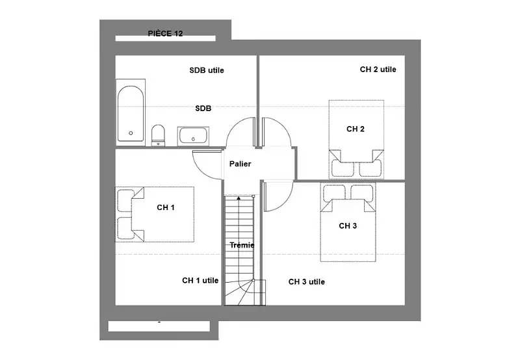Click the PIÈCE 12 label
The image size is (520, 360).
165,34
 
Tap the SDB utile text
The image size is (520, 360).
207,70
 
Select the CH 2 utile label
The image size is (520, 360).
378,70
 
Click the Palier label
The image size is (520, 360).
240,164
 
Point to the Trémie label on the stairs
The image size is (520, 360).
242,245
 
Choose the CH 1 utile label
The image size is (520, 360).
200,281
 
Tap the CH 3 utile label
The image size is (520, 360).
306,282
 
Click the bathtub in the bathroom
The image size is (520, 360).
131,113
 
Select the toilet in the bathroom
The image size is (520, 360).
158,135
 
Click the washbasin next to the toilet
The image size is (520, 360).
193,136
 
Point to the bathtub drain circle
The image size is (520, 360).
131,133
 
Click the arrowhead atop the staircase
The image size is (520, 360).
239,198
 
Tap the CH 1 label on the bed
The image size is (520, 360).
166,207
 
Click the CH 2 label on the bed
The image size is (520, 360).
355,129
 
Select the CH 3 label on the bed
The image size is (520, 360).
348,225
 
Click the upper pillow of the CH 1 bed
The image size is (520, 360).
126,201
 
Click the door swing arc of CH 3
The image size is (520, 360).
287,202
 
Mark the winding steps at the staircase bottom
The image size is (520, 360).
245,292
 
